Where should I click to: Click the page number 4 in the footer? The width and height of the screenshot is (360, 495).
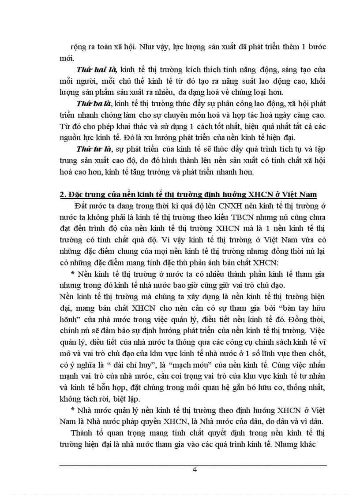(x=195, y=469)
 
